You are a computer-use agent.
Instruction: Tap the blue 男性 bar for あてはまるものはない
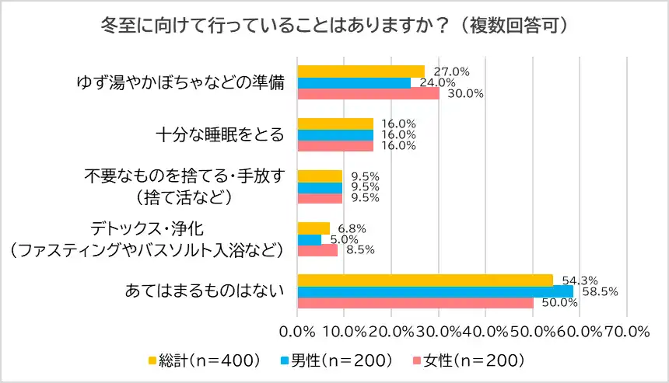point(435,291)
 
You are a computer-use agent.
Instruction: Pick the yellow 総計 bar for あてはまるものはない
point(425,280)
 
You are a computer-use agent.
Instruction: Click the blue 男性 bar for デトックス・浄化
point(310,240)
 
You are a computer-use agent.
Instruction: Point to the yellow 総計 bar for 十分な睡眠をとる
point(335,124)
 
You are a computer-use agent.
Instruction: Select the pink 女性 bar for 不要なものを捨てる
point(320,197)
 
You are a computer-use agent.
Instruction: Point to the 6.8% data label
point(350,229)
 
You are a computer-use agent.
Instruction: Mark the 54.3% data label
point(574,280)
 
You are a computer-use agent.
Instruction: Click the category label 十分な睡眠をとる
point(219,134)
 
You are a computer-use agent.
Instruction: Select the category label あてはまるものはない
point(204,291)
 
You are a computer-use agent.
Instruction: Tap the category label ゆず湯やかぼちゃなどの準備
point(180,82)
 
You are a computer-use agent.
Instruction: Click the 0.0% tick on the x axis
point(298,332)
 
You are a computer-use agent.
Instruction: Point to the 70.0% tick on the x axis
point(626,332)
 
